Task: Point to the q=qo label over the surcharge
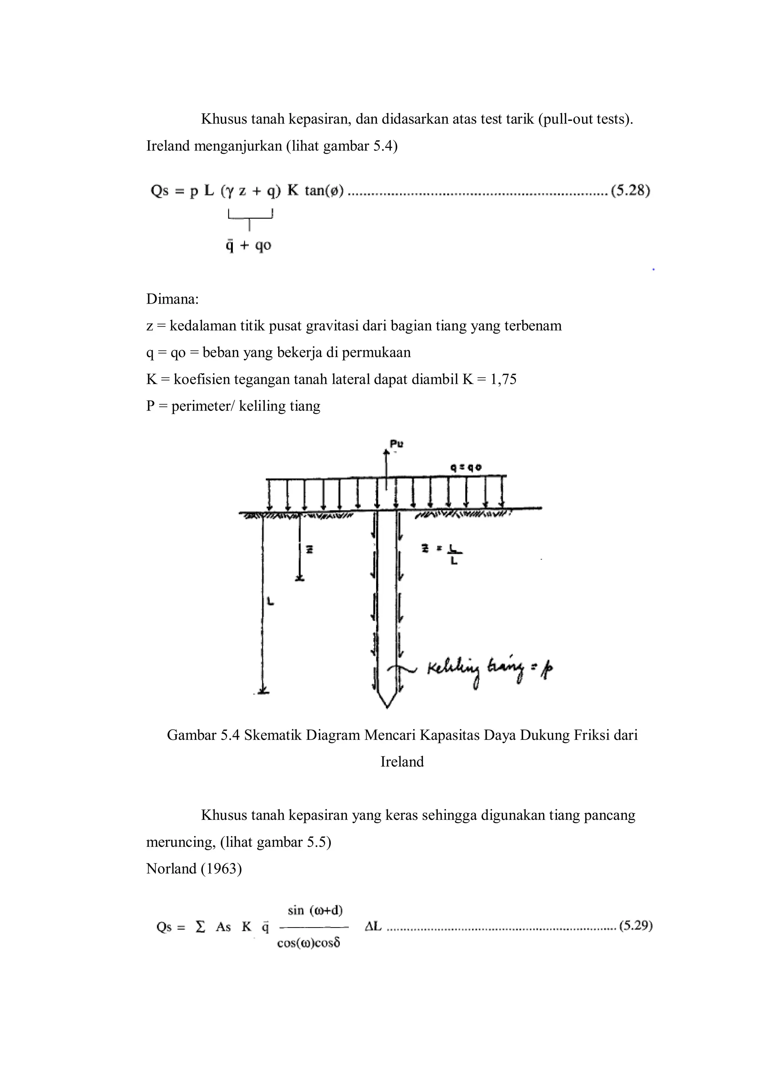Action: point(466,467)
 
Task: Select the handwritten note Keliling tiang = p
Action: point(490,669)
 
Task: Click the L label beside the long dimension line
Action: point(270,602)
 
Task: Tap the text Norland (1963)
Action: point(194,869)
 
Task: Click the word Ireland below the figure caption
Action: point(402,762)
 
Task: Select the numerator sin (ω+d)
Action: point(315,910)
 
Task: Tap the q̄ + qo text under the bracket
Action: point(248,246)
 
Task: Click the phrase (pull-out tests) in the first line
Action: point(585,119)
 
